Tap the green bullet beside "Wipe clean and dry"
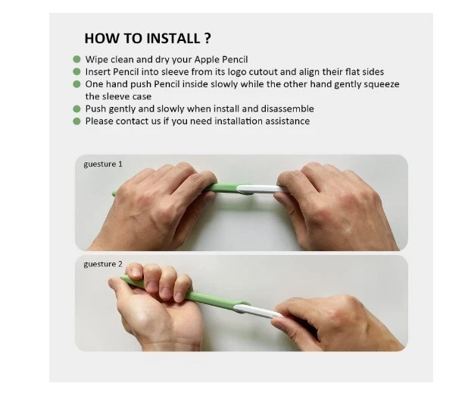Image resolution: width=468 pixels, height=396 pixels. tap(76, 59)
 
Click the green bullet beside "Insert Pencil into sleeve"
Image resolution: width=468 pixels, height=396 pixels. tap(76, 71)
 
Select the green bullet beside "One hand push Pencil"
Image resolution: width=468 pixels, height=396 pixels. tap(76, 84)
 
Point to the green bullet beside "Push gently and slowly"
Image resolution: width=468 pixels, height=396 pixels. tap(76, 108)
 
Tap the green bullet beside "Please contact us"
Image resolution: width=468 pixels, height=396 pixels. tap(76, 121)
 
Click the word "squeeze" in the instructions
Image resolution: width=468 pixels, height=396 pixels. tap(380, 84)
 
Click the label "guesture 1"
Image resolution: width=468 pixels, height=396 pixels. tap(103, 164)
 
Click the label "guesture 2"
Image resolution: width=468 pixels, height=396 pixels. tap(103, 263)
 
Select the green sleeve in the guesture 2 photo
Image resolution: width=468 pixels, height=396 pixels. tap(204, 300)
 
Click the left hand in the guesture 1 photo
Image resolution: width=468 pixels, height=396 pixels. tap(155, 209)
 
